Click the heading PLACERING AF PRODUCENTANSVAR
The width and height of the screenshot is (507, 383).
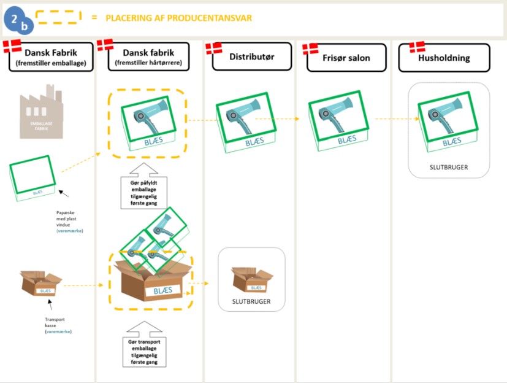point(178,18)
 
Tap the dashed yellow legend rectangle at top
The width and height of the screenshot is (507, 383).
point(58,17)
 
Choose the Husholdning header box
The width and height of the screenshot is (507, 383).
point(444,58)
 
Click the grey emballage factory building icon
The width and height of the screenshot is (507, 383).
point(40,114)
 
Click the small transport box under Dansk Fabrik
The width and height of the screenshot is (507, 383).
point(41,285)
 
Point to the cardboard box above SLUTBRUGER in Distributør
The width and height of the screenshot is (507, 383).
point(251,280)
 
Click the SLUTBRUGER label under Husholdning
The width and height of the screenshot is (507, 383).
point(449,166)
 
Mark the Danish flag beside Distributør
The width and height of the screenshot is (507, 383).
point(213,47)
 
